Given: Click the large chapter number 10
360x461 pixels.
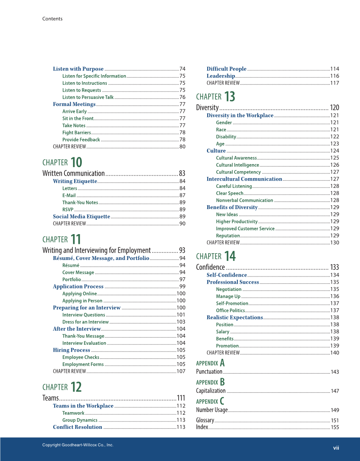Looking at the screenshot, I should tap(76, 162).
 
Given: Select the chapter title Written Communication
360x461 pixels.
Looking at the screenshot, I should tap(73, 173).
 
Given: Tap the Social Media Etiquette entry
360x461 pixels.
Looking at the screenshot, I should tap(81, 216).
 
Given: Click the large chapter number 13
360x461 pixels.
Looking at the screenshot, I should tap(229, 97).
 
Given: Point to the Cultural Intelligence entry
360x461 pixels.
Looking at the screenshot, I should tap(237, 165).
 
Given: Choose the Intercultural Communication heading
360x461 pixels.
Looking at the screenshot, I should tap(244, 179).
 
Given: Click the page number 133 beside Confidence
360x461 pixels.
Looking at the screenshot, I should tap(334, 267).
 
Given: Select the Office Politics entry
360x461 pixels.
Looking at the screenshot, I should tap(231, 310).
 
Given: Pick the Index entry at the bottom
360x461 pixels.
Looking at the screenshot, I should tap(202, 427).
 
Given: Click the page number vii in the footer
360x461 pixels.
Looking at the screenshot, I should tap(336, 447).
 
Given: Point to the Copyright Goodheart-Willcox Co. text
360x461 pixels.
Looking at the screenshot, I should tap(78, 445).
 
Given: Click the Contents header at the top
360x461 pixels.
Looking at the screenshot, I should tap(52, 19).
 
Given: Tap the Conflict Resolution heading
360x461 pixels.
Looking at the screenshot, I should tap(78, 427).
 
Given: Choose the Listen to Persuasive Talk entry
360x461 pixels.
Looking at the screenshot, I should tap(88, 97).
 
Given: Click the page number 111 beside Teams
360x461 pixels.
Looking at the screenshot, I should tap(181, 398).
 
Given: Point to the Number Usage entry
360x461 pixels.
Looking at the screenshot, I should tap(212, 410).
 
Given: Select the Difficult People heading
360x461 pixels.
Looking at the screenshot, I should tap(226, 69).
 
